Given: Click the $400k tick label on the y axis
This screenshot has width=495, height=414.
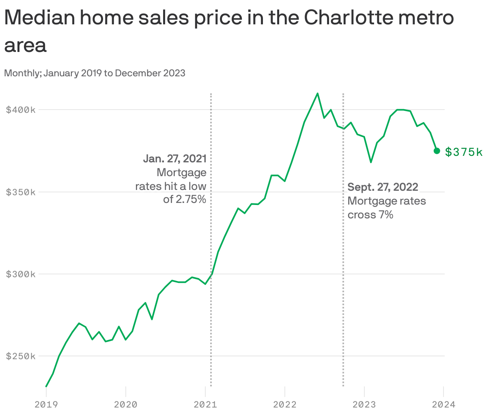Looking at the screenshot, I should pos(21,110).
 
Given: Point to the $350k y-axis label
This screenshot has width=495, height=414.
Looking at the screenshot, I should pos(21,192).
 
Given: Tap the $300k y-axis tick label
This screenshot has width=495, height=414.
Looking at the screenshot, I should pos(21,274).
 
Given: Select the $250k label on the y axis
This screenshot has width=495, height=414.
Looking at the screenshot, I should pos(21,356).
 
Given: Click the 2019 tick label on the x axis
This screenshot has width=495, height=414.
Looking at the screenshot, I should pos(46,404).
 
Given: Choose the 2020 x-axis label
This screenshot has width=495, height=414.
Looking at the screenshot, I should pos(126,404).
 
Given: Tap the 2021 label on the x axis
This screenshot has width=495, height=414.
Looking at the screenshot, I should pos(205,404).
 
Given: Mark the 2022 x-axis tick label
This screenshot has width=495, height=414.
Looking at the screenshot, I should pos(285,404).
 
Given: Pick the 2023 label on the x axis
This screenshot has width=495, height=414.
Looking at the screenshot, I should pos(364,404).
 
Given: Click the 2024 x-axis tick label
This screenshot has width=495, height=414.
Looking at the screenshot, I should pos(444,404).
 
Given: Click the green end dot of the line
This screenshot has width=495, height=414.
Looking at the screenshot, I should pos(437,151).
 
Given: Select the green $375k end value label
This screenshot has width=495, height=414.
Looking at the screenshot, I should pos(464,152).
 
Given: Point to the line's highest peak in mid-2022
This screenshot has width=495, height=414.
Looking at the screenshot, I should pos(317,93).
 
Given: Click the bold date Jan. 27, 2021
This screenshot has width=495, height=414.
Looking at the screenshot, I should pos(175,159).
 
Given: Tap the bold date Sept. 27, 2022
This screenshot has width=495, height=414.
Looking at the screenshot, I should pos(383,187).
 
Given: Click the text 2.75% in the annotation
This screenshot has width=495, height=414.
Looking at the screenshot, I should pos(191,199).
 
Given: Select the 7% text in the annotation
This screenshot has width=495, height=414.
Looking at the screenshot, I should pos(386,215).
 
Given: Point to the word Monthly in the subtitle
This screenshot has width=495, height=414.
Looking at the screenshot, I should pos(22,73).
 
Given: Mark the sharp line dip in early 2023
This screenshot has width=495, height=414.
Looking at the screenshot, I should pos(371,162).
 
